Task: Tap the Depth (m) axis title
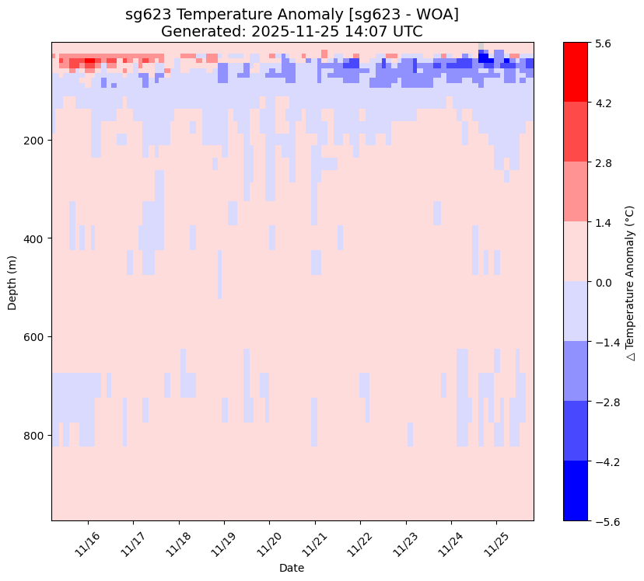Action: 12,282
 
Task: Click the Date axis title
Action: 292,569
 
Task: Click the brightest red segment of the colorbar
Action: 575,72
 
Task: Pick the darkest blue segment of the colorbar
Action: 575,491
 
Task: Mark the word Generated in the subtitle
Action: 198,31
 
